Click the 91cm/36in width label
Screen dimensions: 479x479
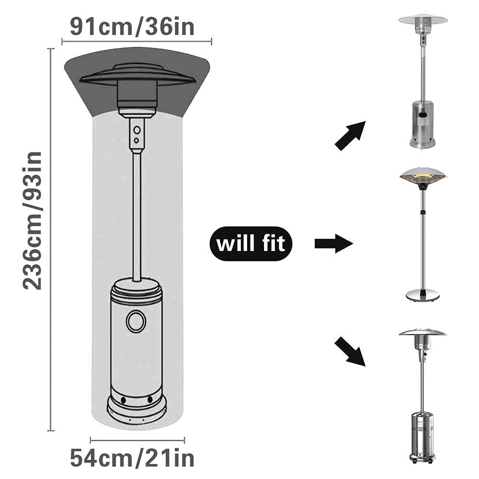[x=132, y=27]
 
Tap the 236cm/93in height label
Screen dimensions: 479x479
[x=32, y=220]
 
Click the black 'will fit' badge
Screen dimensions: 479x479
[x=251, y=243]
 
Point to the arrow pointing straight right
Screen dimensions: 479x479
[x=334, y=243]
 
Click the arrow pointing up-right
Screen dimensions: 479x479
[x=351, y=136]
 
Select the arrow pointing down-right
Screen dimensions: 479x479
[x=350, y=351]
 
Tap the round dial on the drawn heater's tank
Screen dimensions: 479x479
[x=136, y=321]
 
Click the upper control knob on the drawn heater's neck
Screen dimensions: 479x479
[x=137, y=130]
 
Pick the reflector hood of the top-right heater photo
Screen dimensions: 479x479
[x=423, y=20]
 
